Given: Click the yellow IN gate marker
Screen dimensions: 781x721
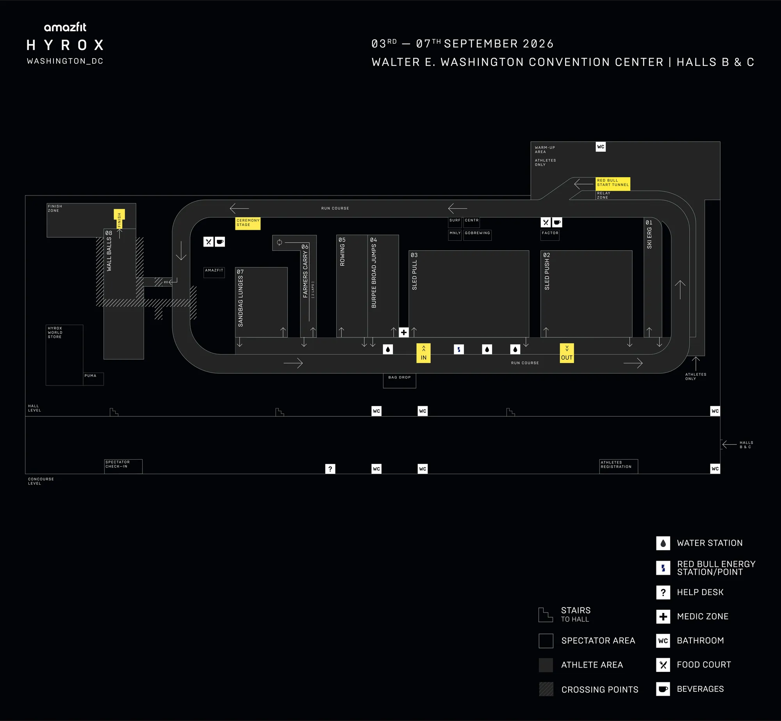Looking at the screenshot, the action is tap(423, 353).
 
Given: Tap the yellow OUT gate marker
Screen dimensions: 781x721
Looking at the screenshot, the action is tap(567, 353).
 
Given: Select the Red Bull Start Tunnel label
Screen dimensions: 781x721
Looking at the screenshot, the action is tap(613, 183).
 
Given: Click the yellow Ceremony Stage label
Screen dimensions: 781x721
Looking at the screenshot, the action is tap(248, 223).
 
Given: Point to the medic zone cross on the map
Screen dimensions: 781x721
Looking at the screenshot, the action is tap(404, 332).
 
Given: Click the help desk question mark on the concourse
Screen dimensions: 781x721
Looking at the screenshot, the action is tap(330, 469).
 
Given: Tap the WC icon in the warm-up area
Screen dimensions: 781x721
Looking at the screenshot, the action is tap(601, 147).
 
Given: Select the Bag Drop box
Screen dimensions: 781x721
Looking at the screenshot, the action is tap(399, 380).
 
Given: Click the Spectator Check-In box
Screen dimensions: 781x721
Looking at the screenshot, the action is tap(123, 466).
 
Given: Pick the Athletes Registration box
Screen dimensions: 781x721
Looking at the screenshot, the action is tap(619, 466).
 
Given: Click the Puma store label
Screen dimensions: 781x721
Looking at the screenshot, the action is tap(93, 379).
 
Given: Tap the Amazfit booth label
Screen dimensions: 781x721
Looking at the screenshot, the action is tap(214, 272).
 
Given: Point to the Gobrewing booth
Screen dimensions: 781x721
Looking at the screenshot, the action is tap(477, 235).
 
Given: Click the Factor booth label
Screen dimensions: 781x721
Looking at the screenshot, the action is tap(550, 235).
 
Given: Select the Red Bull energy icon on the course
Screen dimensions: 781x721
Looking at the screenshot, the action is tap(459, 349).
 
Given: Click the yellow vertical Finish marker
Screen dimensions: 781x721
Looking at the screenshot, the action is tap(119, 219).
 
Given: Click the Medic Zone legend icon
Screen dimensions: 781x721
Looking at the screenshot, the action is tap(663, 616).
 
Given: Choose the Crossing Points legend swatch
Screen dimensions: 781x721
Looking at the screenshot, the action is tap(546, 689).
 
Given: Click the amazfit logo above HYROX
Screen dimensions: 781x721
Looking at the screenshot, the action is tap(65, 27).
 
